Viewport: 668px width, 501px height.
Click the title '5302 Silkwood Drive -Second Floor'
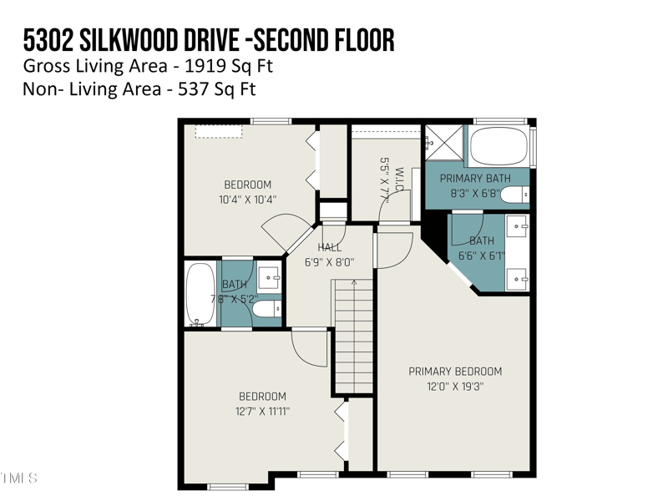click(x=209, y=39)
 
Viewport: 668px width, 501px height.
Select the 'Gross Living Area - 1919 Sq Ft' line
click(x=148, y=67)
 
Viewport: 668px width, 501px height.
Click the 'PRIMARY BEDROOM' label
click(x=455, y=372)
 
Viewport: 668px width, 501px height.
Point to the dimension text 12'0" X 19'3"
click(x=455, y=386)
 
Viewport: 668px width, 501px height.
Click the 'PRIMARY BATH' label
click(x=475, y=178)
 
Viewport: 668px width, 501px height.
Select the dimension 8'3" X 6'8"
click(x=475, y=192)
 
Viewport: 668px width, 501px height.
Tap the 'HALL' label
click(x=330, y=247)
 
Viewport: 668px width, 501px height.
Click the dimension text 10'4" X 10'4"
click(x=247, y=200)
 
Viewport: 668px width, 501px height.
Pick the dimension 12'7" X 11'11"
click(x=262, y=411)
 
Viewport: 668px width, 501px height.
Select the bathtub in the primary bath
click(x=498, y=147)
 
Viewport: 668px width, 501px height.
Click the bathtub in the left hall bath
click(x=200, y=294)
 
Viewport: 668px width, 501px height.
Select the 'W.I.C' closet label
click(x=399, y=180)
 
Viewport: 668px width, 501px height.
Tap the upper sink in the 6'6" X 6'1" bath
click(x=518, y=225)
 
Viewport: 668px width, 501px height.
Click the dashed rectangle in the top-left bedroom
click(x=219, y=131)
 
